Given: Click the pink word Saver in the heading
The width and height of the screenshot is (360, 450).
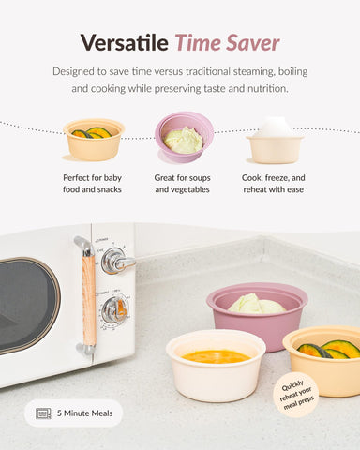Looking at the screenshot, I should pyautogui.click(x=251, y=42).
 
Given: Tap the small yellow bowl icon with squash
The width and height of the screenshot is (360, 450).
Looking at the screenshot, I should pyautogui.click(x=93, y=139).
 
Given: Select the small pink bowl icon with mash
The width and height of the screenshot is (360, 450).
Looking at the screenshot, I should pyautogui.click(x=184, y=137).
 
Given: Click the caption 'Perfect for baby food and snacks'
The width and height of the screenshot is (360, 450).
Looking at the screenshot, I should pyautogui.click(x=93, y=184).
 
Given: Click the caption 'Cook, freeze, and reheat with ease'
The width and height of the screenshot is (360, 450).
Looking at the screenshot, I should pyautogui.click(x=274, y=184).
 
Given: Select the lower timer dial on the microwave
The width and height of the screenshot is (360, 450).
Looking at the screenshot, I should pyautogui.click(x=114, y=310).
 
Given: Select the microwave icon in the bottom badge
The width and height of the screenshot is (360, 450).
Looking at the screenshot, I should pyautogui.click(x=43, y=412).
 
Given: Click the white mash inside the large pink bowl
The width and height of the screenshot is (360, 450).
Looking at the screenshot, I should pyautogui.click(x=256, y=304).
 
